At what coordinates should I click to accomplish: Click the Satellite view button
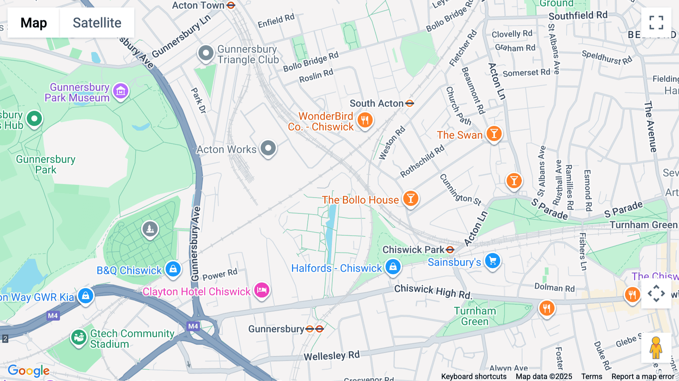[97, 23]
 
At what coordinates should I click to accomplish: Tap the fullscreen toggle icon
[656, 23]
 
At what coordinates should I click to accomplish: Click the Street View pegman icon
[656, 347]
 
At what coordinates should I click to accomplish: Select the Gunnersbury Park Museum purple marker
[121, 91]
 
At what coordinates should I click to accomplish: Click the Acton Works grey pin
[268, 148]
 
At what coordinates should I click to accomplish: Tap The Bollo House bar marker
[410, 198]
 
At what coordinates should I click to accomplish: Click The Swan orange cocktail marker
[494, 134]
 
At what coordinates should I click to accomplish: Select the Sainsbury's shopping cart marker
[492, 261]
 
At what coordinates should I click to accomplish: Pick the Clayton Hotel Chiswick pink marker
[261, 290]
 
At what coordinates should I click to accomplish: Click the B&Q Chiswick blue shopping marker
[173, 269]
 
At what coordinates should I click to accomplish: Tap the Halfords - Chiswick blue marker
[393, 266]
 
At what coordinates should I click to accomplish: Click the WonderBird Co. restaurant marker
[364, 120]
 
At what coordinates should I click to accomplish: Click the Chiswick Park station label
[413, 250]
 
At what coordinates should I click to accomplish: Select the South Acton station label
[376, 103]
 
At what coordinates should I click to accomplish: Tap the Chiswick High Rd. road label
[433, 291]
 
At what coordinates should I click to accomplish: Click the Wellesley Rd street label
[332, 356]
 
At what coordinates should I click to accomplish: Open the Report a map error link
[643, 376]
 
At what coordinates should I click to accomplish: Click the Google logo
[29, 371]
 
